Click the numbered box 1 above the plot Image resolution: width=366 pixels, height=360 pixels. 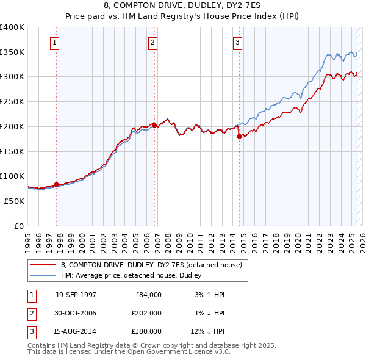[x=55, y=43]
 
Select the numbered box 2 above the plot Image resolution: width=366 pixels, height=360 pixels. [x=152, y=43]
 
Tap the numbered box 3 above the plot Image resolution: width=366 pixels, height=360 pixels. [x=237, y=43]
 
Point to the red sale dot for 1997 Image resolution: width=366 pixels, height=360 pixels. [x=56, y=184]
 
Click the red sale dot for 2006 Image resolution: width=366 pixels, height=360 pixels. [x=154, y=125]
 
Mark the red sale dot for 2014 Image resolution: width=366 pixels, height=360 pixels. [x=239, y=136]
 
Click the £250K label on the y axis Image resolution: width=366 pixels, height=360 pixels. [x=12, y=101]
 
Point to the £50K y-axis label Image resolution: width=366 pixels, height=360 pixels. [x=15, y=200]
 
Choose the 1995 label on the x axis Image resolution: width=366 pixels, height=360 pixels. [x=29, y=239]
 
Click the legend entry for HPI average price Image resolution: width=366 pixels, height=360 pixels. [x=134, y=275]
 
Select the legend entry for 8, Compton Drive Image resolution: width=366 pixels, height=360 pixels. [x=152, y=265]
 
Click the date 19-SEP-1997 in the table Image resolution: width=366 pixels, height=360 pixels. [x=76, y=295]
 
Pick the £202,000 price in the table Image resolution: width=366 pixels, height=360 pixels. [x=146, y=313]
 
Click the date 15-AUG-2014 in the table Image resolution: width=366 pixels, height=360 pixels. [x=76, y=331]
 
